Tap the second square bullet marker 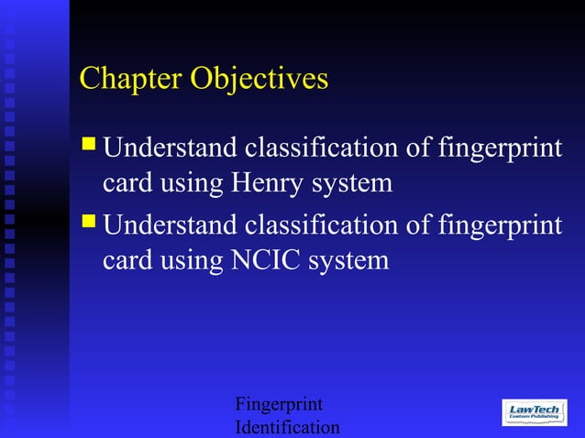[x=89, y=220]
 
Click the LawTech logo [x=534, y=413]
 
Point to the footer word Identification [x=287, y=427]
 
